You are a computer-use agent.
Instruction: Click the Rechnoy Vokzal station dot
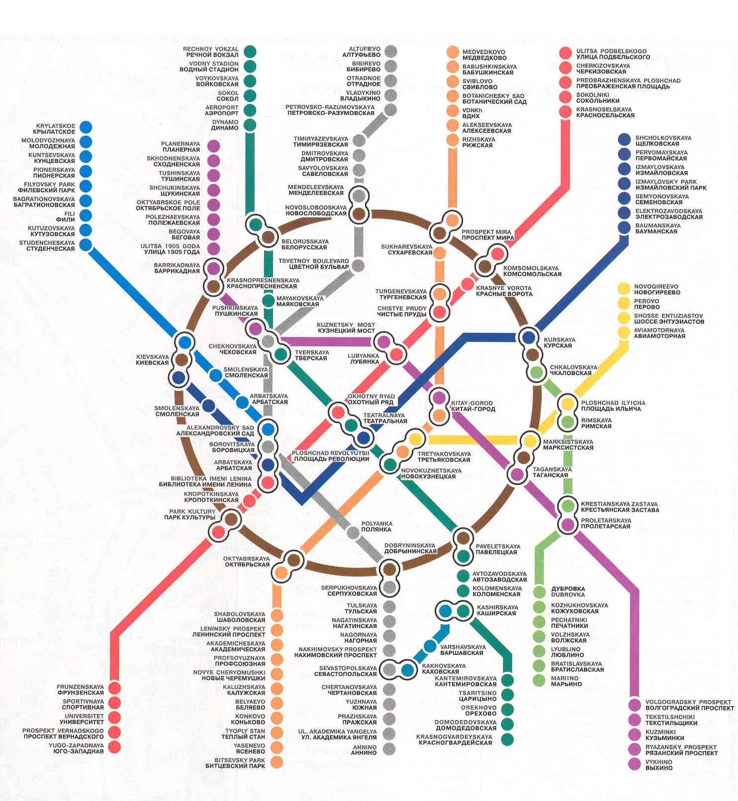point(250,52)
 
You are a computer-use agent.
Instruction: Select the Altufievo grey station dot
point(390,52)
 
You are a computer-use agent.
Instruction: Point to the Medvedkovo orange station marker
point(453,52)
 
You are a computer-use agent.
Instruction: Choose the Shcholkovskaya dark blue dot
point(625,140)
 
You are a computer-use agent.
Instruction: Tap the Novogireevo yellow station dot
point(624,289)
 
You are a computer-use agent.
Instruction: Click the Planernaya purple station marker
point(213,146)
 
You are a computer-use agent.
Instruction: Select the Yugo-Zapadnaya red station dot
point(114,746)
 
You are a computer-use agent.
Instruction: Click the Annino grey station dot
point(389,748)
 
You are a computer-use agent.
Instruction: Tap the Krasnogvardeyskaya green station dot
point(507,739)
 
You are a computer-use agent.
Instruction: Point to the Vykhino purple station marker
point(635,764)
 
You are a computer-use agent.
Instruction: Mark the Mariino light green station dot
point(539,680)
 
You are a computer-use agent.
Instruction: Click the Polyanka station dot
point(353,533)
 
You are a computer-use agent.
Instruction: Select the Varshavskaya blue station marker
point(430,646)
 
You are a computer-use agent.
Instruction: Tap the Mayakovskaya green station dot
point(269,301)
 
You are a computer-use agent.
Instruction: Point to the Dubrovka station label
point(568,591)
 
